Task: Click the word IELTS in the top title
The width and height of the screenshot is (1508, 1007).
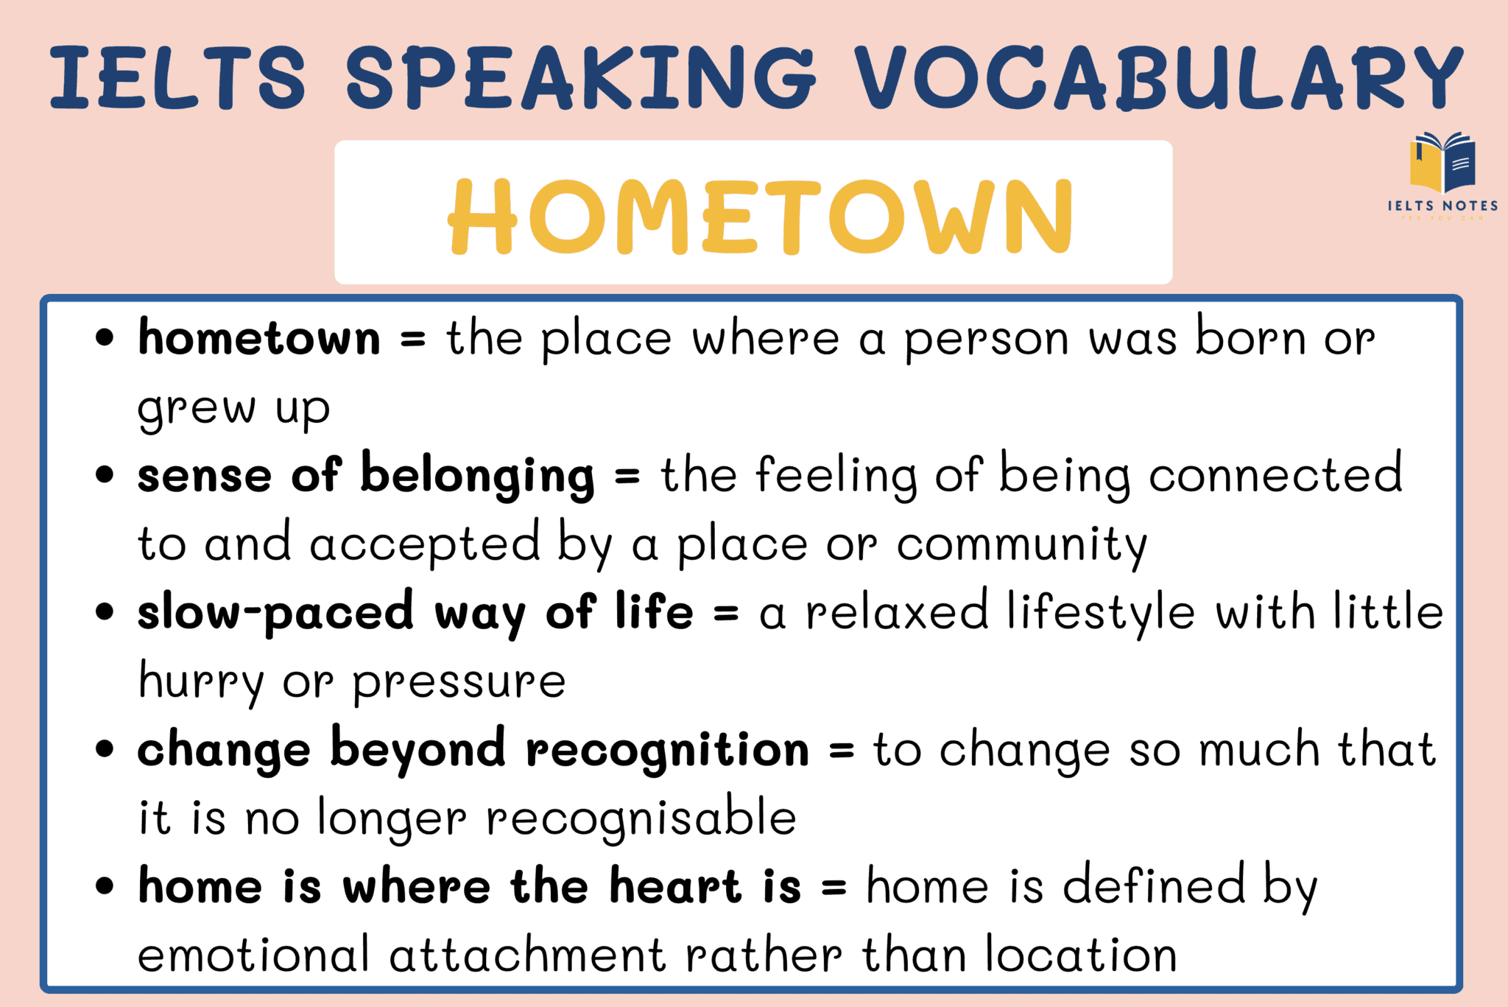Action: pos(177,77)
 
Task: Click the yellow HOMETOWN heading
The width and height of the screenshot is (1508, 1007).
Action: pos(761,217)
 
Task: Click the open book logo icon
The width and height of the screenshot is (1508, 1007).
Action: pos(1442,163)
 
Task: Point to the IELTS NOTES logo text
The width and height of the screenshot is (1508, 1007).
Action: pos(1442,206)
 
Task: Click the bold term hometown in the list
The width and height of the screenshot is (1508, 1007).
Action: pos(259,338)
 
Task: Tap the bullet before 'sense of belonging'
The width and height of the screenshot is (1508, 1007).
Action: pos(105,475)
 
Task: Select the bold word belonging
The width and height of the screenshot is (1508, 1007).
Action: pos(477,477)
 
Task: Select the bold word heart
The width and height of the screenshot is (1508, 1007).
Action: pos(675,886)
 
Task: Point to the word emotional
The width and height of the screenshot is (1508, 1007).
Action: pos(253,955)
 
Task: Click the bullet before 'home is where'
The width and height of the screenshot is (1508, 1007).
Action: pos(105,886)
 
